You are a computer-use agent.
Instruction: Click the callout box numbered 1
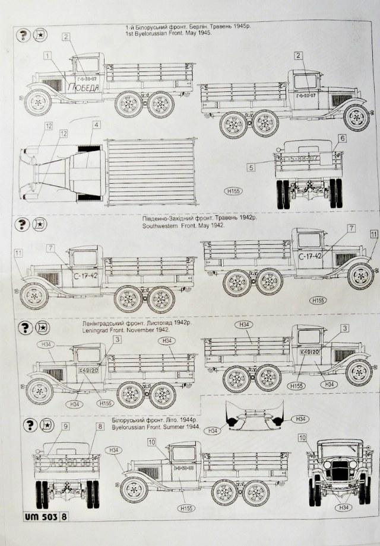point(47,55)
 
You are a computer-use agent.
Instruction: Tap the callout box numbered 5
point(251,168)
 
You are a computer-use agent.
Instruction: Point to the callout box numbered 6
point(342,138)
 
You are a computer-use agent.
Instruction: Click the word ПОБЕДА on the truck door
point(83,88)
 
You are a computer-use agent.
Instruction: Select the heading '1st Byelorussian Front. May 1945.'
point(160,34)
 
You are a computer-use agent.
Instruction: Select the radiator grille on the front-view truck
point(339,471)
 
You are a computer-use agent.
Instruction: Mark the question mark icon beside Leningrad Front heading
point(25,328)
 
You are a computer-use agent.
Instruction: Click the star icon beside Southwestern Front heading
point(40,225)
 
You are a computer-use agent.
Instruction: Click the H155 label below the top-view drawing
point(232,191)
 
